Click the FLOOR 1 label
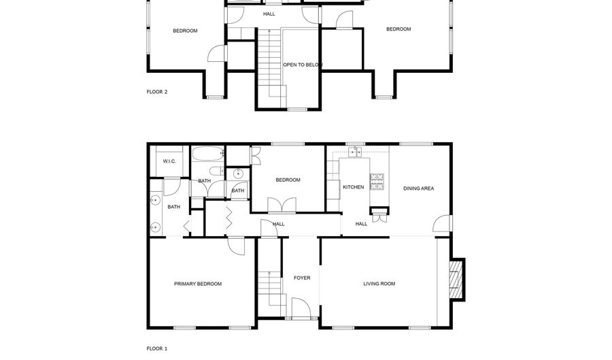click(x=157, y=348)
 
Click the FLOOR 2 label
click(x=157, y=92)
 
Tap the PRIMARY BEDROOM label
click(x=198, y=284)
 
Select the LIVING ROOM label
click(x=379, y=284)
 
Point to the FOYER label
click(x=302, y=278)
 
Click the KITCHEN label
click(x=353, y=187)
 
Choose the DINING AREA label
click(x=418, y=189)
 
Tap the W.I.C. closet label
click(x=169, y=161)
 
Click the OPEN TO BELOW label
click(x=303, y=65)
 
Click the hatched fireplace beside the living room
click(x=456, y=279)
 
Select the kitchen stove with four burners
click(x=377, y=182)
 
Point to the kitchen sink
click(x=355, y=152)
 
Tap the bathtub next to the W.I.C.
click(x=208, y=153)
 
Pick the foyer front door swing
click(x=301, y=308)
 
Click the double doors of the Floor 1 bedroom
click(x=282, y=205)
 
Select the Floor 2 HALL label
click(x=269, y=14)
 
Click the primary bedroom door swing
click(x=237, y=246)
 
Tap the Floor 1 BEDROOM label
click(x=288, y=180)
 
